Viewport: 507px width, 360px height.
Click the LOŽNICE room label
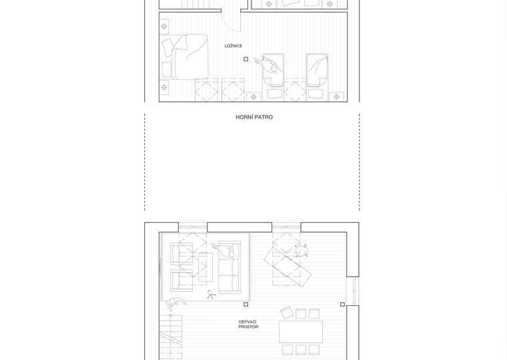233,46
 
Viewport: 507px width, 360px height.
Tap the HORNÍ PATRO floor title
254,117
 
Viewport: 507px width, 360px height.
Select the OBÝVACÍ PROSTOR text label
248,325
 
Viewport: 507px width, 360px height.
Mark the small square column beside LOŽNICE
246,59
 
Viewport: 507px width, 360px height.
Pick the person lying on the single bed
270,67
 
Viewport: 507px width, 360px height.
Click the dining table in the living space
301,331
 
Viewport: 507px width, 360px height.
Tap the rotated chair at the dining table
287,313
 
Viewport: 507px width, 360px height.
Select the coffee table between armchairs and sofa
205,267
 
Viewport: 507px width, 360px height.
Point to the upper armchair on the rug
181,253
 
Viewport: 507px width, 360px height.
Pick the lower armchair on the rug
181,281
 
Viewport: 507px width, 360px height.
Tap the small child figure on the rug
211,294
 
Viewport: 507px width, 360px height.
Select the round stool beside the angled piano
301,251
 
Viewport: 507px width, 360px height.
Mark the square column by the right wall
343,305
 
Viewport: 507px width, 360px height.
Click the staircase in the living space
171,337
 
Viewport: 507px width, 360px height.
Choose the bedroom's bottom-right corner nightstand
337,97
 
